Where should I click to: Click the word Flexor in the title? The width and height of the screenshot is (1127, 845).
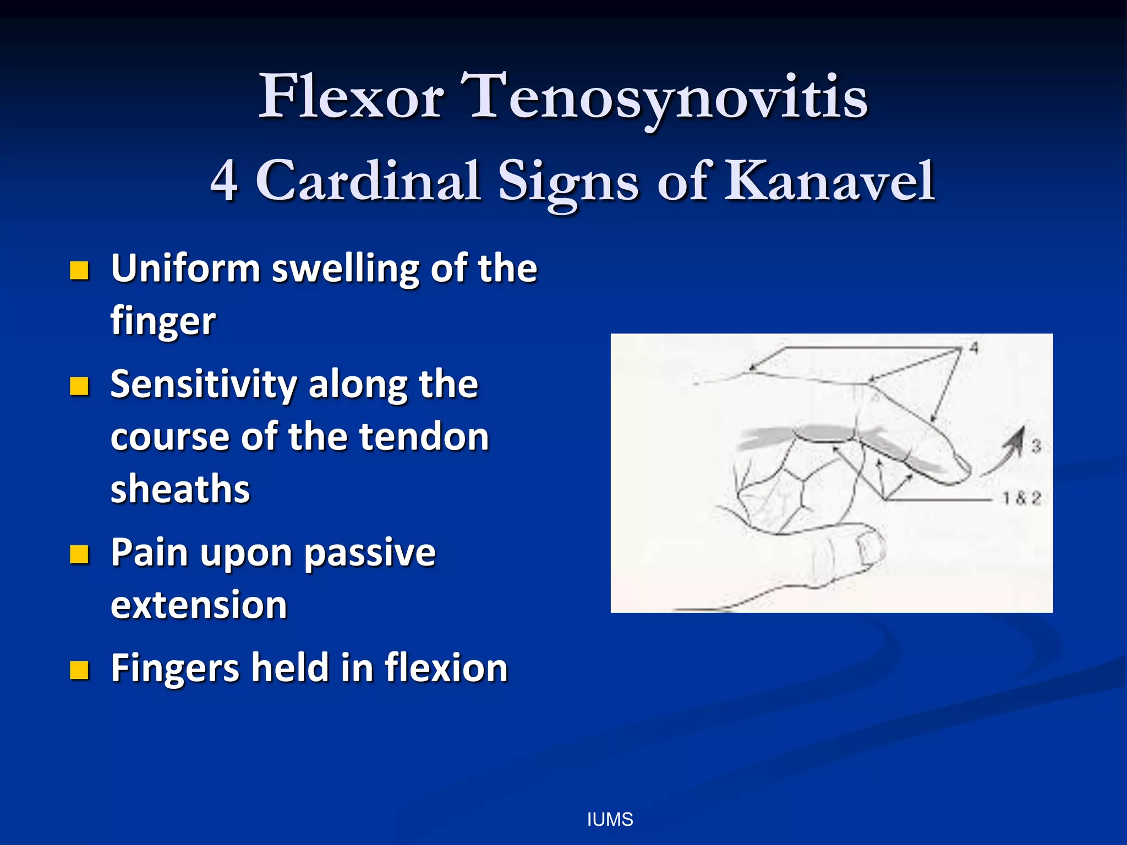point(351,97)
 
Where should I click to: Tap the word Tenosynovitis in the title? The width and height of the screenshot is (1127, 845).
point(664,97)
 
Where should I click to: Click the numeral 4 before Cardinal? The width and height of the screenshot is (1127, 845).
point(225,181)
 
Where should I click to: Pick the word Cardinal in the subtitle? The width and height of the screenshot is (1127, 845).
point(368,181)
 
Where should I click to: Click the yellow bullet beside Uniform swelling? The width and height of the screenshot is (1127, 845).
point(79,271)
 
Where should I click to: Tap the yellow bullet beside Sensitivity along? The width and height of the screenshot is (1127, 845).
point(79,386)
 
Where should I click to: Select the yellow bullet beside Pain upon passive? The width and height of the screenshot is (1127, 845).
point(79,555)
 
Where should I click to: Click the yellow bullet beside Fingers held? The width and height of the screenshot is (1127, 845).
point(79,670)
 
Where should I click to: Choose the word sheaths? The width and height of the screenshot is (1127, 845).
point(180,489)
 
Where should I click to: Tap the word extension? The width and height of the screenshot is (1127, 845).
point(199,605)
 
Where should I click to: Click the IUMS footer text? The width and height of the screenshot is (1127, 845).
point(610,820)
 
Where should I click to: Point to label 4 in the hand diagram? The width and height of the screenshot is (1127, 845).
point(973,348)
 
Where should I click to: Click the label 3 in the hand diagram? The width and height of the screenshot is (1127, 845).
point(1036,446)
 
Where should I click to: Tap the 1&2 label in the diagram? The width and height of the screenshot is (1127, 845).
point(1021,498)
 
